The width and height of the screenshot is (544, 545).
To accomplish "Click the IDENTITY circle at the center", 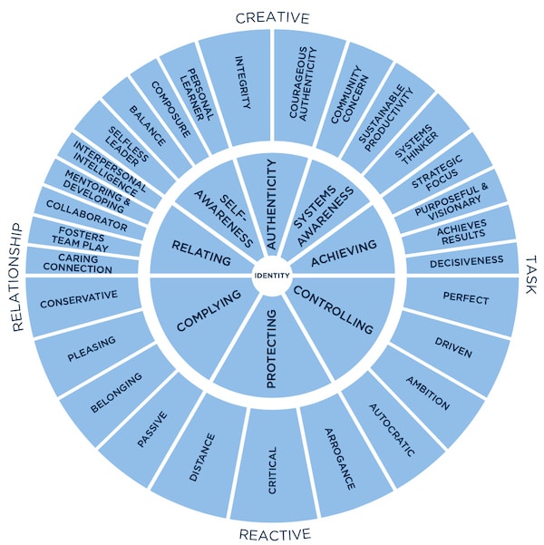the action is point(272,276).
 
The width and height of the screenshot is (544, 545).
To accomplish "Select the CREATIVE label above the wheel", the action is point(272,18).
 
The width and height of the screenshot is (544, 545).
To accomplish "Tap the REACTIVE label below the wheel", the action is point(275,534).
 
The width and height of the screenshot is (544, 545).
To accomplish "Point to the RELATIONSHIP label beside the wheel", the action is point(16,277).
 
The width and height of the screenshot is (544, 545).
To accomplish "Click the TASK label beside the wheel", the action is point(530,275).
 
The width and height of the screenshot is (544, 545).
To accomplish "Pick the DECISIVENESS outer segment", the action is point(462,259).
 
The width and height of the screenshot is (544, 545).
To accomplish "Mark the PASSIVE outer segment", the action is point(153,430).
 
